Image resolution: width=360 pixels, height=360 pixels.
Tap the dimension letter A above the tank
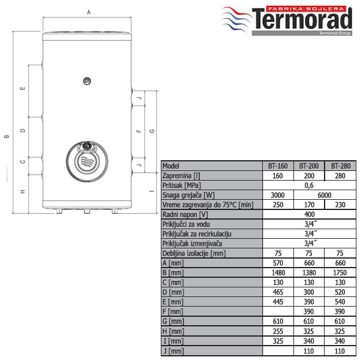(x=89, y=13)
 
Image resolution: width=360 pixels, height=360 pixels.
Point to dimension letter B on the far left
(x=7, y=136)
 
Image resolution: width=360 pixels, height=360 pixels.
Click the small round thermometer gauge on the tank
(x=87, y=81)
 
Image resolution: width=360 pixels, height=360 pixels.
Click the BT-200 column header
(x=309, y=166)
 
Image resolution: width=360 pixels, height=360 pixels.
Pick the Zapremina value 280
(x=340, y=176)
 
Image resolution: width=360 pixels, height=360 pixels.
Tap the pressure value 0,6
(x=309, y=185)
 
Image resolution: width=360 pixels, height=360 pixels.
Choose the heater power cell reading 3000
(x=278, y=195)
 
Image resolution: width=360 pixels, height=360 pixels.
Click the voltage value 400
(x=309, y=214)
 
